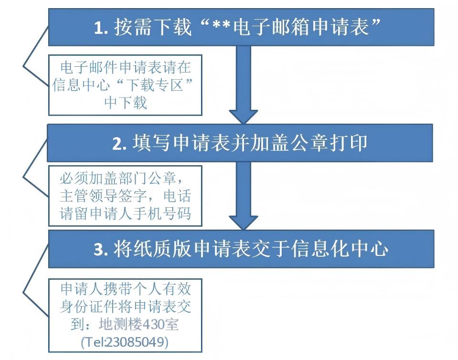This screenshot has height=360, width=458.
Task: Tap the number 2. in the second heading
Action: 120,144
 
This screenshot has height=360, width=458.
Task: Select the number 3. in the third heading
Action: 101,250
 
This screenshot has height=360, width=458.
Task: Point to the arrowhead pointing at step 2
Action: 243,117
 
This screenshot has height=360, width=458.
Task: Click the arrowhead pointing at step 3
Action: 243,223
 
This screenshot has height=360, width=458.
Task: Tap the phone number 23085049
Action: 136,341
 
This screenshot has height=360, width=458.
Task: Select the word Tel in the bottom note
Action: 94,342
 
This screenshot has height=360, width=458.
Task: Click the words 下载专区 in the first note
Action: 155,85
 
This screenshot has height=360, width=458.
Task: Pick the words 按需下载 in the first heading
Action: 153,27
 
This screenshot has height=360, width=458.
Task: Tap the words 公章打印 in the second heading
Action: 329,143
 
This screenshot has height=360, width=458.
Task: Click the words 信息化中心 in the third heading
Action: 340,249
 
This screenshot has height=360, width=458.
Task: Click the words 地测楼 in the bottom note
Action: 120,324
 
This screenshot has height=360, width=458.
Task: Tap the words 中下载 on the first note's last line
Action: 126,103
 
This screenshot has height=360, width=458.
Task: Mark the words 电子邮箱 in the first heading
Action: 272,27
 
